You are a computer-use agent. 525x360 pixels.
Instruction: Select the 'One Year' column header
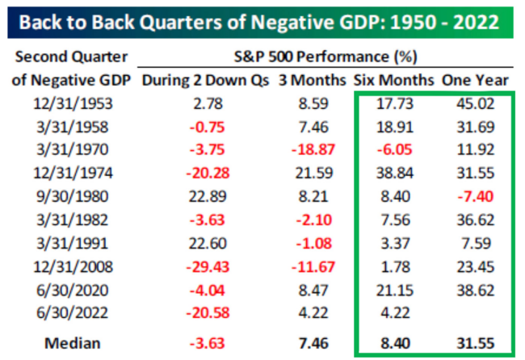point(474,80)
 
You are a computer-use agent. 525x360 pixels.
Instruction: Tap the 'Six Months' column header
point(393,80)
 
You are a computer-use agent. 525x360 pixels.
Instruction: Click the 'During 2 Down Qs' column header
point(204,80)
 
